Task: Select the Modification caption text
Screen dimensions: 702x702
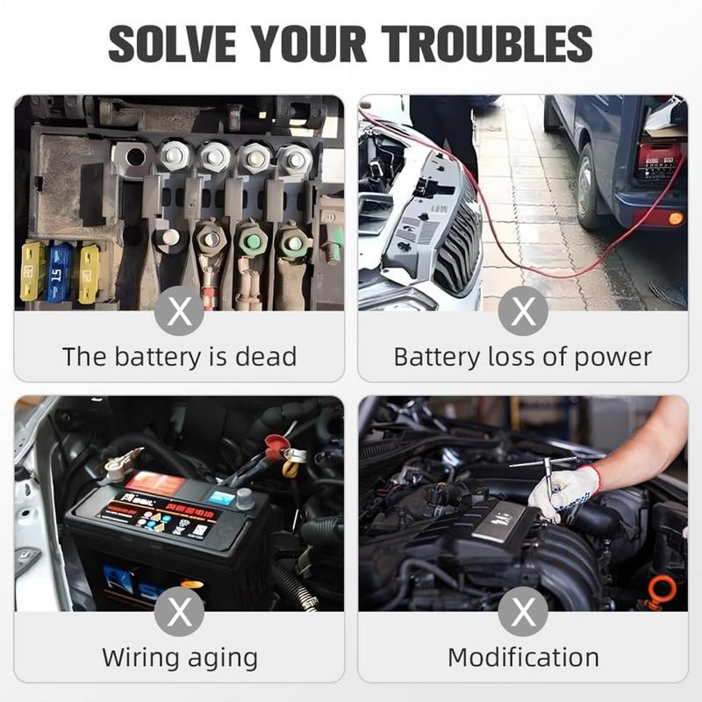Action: [x=523, y=657]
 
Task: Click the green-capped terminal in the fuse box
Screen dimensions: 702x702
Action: [x=252, y=239]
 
